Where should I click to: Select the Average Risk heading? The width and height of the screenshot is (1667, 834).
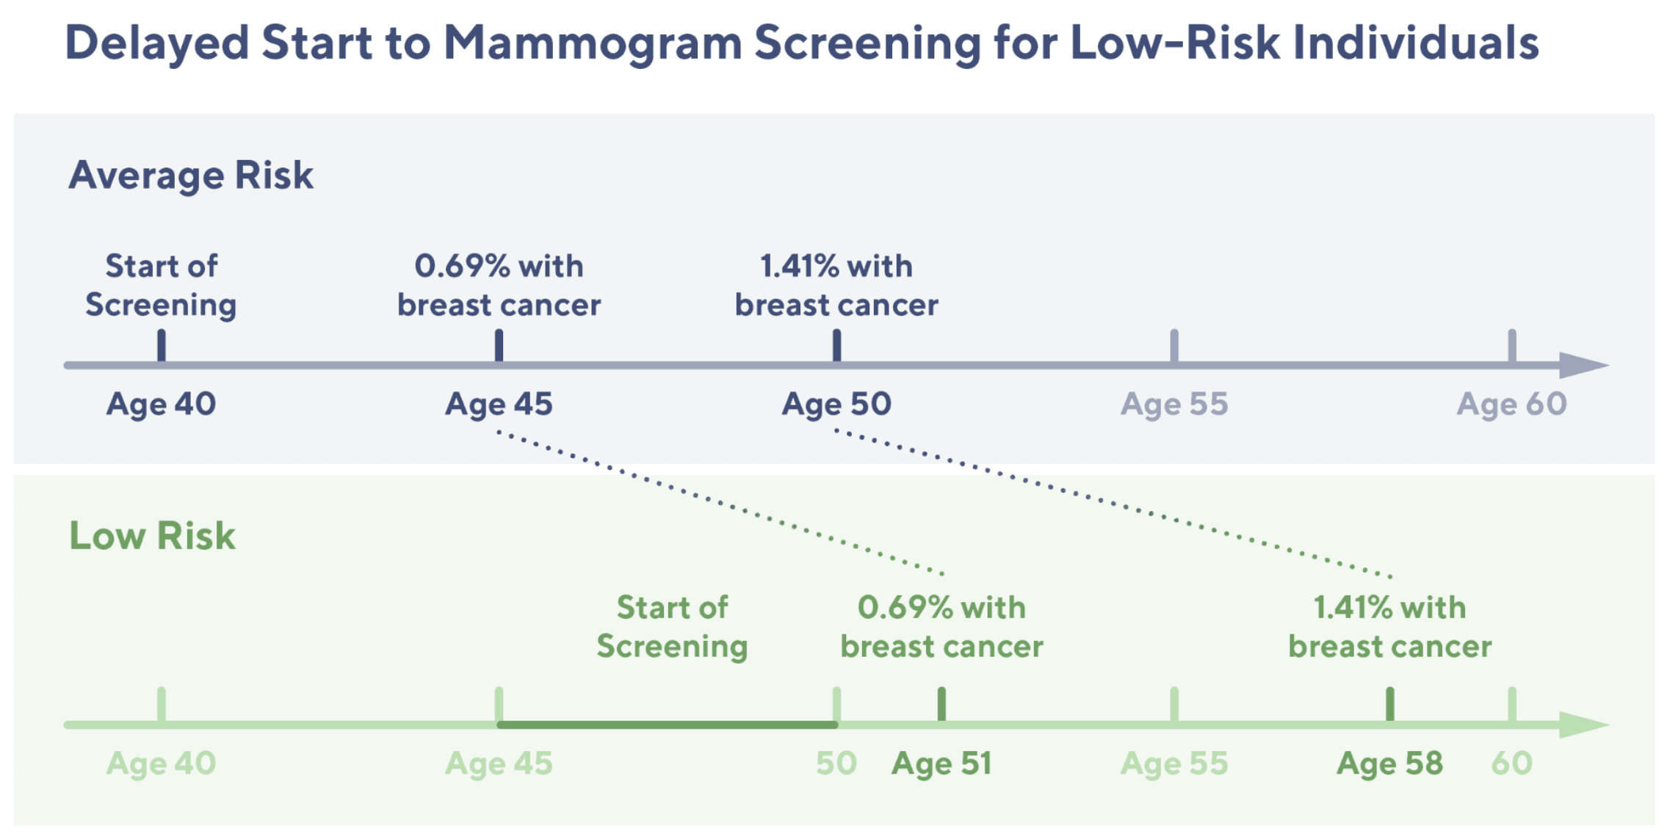click(x=191, y=175)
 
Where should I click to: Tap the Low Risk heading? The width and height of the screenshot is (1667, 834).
click(x=152, y=535)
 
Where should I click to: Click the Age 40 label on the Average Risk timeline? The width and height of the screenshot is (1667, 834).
click(x=161, y=405)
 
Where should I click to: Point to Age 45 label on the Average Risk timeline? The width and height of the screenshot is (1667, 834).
click(x=499, y=405)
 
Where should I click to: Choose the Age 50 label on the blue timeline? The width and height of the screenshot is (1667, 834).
click(x=836, y=405)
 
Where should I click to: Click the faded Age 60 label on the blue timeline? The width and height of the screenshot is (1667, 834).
click(x=1512, y=405)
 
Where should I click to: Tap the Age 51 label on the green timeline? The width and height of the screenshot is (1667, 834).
click(x=941, y=764)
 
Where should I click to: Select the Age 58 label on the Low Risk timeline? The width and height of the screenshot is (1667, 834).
click(x=1389, y=764)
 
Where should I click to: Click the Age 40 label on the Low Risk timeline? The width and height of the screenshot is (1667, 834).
click(x=161, y=764)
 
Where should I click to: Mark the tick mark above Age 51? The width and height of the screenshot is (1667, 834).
click(x=941, y=705)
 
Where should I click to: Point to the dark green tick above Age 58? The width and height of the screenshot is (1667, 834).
click(x=1389, y=705)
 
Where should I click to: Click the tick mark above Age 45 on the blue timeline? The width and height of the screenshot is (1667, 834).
click(x=499, y=345)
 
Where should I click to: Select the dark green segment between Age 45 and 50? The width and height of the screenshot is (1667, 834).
click(x=668, y=725)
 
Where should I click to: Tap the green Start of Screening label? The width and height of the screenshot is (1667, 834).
click(x=672, y=628)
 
